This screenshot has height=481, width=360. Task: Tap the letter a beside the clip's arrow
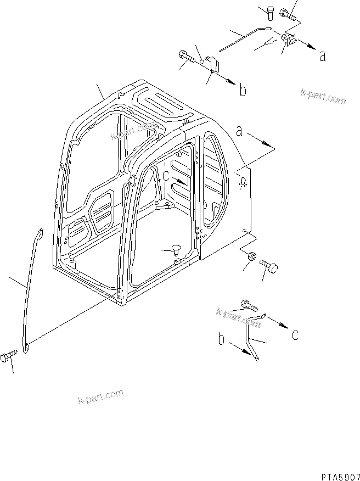pos(322,55)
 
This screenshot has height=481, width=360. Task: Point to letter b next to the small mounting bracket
pos(242,91)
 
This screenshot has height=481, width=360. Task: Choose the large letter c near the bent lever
pos(295,334)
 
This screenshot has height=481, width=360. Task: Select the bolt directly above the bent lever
pos(249,305)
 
